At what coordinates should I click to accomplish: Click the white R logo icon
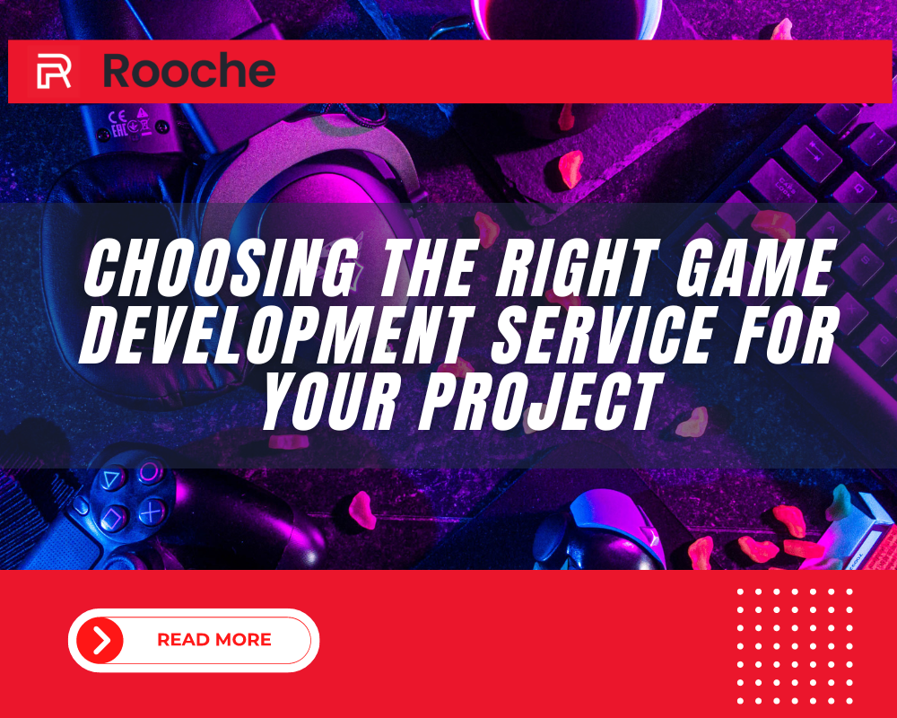click(54, 71)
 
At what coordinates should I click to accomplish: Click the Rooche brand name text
click(189, 70)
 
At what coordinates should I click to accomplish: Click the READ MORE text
click(214, 640)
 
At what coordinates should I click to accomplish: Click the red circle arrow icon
click(100, 640)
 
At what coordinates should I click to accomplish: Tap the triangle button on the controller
click(113, 478)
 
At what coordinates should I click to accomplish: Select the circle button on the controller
click(149, 472)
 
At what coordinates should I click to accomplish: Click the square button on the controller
click(113, 518)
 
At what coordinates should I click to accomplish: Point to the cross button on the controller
click(152, 512)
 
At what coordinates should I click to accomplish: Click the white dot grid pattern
click(795, 646)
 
